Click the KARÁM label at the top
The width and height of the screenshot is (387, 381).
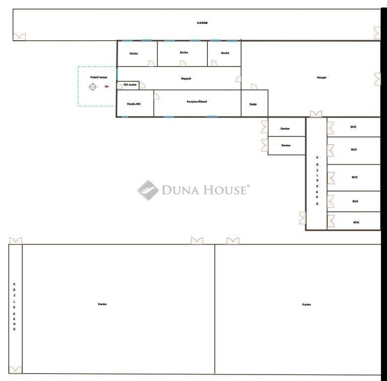[202, 23]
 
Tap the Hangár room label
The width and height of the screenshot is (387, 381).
[322, 77]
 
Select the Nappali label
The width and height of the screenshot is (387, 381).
[186, 78]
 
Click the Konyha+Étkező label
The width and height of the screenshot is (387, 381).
[196, 101]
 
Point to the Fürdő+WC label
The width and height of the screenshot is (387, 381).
[134, 104]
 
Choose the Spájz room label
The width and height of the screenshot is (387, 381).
[253, 104]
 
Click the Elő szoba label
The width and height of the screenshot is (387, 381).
[130, 85]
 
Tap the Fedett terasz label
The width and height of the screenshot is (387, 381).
[99, 77]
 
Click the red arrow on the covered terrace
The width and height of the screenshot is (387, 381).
[107, 87]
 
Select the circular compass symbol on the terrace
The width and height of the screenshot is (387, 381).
[93, 87]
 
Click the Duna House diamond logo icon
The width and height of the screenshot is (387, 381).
[148, 190]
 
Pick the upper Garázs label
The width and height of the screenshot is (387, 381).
[285, 128]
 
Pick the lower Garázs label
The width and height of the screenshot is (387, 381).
[286, 145]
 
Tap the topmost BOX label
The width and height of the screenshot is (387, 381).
[353, 127]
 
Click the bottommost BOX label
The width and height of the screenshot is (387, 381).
[356, 222]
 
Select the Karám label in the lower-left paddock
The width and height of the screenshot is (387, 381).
[102, 304]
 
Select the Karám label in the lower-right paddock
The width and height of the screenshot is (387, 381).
[306, 305]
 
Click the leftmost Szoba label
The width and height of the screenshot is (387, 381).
[133, 54]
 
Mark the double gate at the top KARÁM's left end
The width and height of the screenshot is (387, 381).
[19, 37]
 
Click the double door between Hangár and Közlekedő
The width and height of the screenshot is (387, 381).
[316, 114]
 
